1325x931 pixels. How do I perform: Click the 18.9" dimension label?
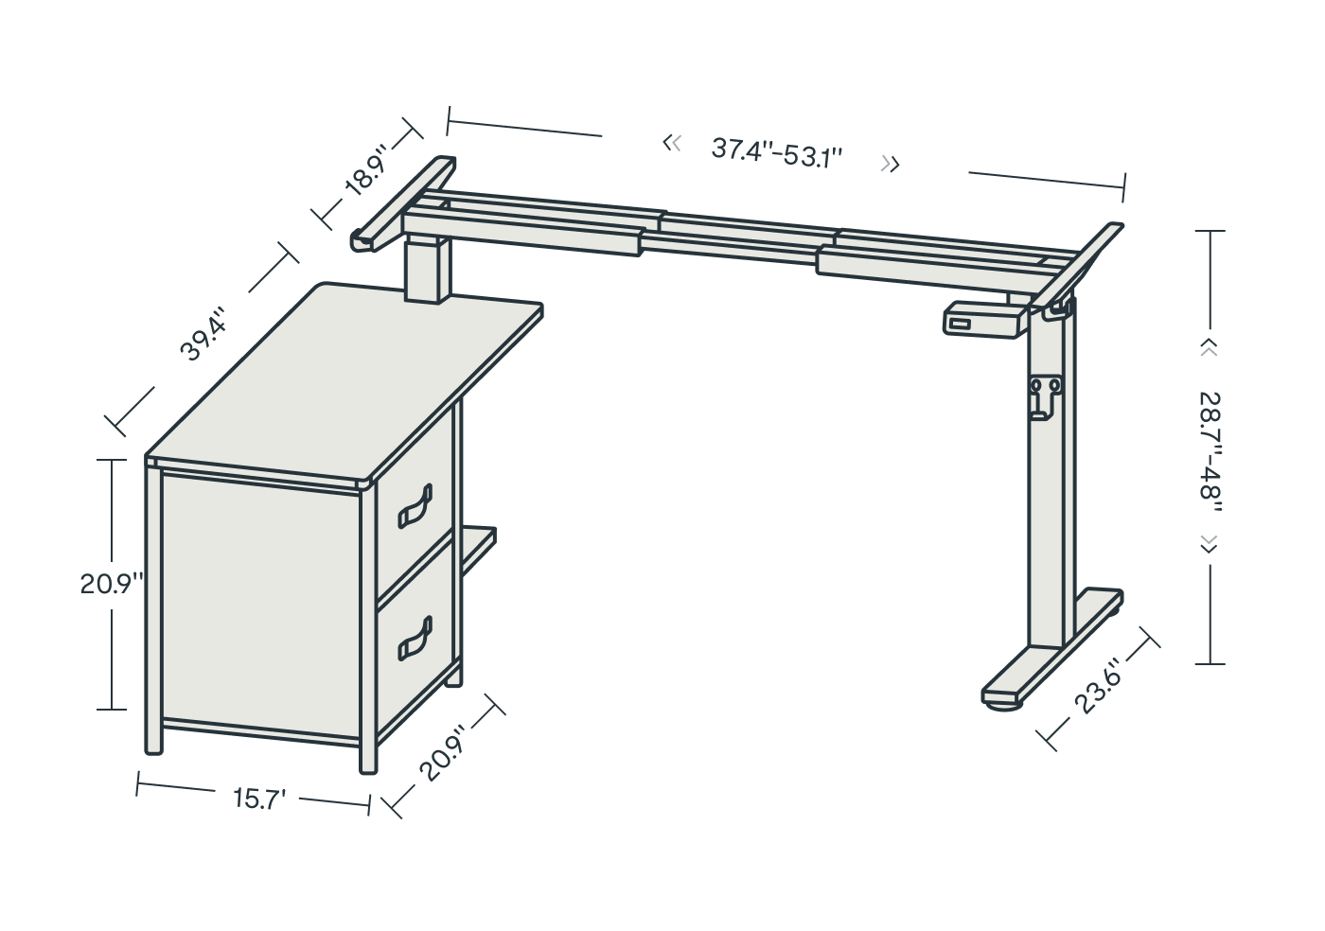(x=366, y=169)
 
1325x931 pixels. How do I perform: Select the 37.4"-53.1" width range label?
(x=777, y=153)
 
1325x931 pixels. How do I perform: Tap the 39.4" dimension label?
(x=203, y=333)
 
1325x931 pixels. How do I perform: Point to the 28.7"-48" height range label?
(x=1210, y=452)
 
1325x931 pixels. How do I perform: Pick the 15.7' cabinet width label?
(x=259, y=799)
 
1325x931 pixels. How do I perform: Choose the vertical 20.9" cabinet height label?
(x=112, y=585)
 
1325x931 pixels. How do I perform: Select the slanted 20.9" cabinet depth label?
(x=443, y=751)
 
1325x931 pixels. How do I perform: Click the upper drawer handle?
(x=415, y=506)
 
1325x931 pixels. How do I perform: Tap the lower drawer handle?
(x=415, y=638)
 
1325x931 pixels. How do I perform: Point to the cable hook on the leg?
(x=1044, y=398)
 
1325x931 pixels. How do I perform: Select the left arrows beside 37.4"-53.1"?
(x=672, y=143)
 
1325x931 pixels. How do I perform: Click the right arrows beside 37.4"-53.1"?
(x=891, y=164)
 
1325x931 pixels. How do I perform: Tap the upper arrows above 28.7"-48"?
(x=1209, y=348)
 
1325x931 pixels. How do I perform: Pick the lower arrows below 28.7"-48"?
(x=1209, y=545)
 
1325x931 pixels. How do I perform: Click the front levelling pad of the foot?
(x=1003, y=706)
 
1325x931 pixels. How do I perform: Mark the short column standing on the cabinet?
(x=427, y=270)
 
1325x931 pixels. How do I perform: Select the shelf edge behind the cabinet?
(x=479, y=550)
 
